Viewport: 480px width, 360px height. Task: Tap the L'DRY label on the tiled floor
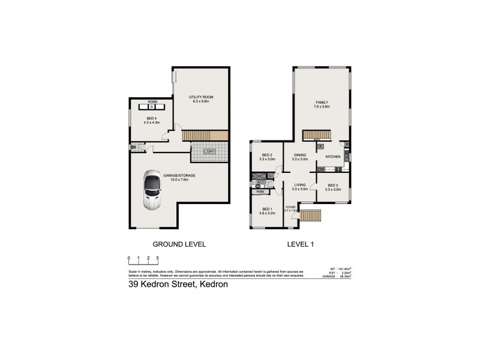(210, 151)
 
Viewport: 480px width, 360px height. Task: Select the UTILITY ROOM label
(201, 97)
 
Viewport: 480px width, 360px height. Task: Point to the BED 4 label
(151, 118)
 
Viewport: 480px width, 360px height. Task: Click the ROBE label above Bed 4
(152, 103)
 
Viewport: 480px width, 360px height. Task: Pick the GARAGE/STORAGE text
(179, 175)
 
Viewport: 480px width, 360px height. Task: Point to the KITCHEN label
(333, 157)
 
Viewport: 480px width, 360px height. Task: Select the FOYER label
(290, 207)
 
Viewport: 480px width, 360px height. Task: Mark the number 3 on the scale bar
(157, 258)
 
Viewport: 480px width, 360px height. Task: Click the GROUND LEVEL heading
(180, 244)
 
